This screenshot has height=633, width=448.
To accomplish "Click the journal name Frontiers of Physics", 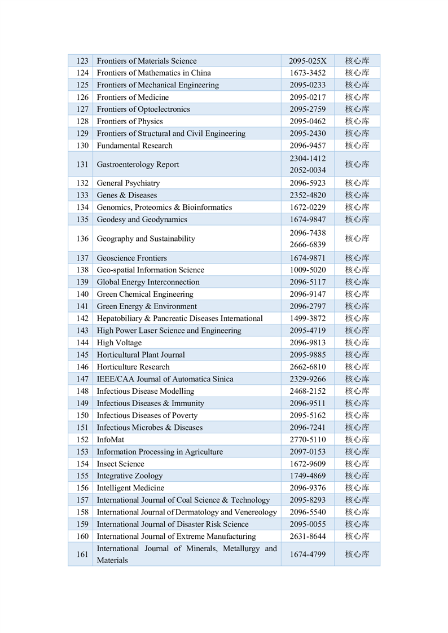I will (x=130, y=121).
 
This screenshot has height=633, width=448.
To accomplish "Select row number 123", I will (x=82, y=61).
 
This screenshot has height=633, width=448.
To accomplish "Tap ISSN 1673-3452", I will (x=308, y=73).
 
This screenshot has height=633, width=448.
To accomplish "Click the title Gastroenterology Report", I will (x=138, y=164).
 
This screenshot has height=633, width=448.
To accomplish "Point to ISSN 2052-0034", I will (x=308, y=170).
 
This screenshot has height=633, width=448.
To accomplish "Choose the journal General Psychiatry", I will (x=128, y=183).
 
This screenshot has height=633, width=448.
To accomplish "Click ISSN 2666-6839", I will (x=308, y=245).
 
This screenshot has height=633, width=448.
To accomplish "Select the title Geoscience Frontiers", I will (x=132, y=258).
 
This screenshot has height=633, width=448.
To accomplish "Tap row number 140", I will (x=82, y=294).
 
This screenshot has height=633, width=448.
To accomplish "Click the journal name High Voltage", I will (x=119, y=342).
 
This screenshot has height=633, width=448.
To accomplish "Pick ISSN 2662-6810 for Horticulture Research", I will (x=308, y=367).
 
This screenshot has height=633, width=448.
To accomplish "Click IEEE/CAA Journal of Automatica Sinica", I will (x=165, y=379).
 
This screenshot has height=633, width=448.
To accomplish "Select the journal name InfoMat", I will (x=111, y=439).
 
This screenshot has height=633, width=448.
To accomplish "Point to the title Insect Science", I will (x=121, y=464).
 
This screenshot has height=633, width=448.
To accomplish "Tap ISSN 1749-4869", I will (x=308, y=476).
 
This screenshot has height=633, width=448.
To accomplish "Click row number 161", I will (x=82, y=555).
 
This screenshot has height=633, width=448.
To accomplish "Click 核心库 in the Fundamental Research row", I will (x=357, y=146).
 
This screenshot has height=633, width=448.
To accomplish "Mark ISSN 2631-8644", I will (x=308, y=537).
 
